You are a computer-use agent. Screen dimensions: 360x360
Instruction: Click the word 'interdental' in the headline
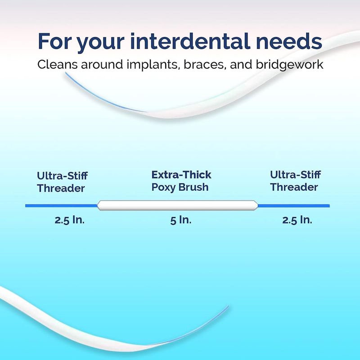[190, 41]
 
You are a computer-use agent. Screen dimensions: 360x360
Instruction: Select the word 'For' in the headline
[54, 41]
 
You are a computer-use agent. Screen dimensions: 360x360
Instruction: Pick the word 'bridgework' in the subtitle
[289, 64]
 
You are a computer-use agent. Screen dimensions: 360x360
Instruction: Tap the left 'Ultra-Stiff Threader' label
[62, 182]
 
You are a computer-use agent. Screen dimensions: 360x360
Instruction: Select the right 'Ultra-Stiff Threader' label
[295, 181]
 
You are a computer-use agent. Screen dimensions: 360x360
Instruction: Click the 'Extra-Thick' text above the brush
[181, 175]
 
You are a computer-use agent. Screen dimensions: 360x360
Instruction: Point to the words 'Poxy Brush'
[180, 187]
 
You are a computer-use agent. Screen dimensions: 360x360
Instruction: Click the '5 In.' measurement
[181, 220]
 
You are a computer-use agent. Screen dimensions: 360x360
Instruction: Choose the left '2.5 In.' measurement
[70, 220]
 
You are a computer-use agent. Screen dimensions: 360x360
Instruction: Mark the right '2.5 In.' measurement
[297, 220]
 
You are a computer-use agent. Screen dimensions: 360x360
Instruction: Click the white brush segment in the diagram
[177, 206]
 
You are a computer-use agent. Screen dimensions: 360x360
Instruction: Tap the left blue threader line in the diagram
[61, 206]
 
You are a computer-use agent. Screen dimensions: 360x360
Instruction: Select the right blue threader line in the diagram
[294, 206]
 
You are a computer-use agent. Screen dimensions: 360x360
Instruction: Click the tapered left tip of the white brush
[97, 206]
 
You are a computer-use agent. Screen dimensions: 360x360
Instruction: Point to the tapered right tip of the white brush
[258, 206]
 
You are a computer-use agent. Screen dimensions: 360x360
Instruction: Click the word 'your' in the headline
[100, 43]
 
